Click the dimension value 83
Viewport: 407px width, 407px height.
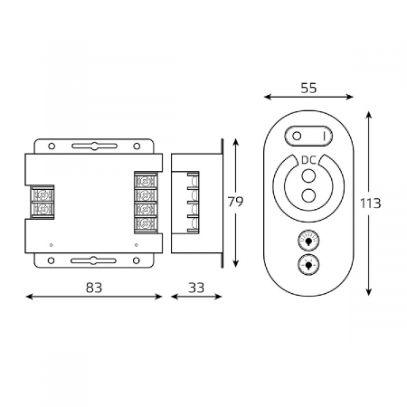point(94,288)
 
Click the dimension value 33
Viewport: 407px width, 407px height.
point(196,288)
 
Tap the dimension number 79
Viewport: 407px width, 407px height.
point(235,202)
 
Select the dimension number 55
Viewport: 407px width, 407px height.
point(308,88)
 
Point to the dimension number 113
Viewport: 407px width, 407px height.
point(371,203)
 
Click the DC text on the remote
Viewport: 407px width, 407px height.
point(309,160)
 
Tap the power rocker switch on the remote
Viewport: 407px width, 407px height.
point(308,136)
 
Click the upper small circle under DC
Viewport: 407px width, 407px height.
point(308,175)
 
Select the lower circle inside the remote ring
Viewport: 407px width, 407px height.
point(308,195)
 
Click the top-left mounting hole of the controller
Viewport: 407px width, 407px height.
point(52,147)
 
